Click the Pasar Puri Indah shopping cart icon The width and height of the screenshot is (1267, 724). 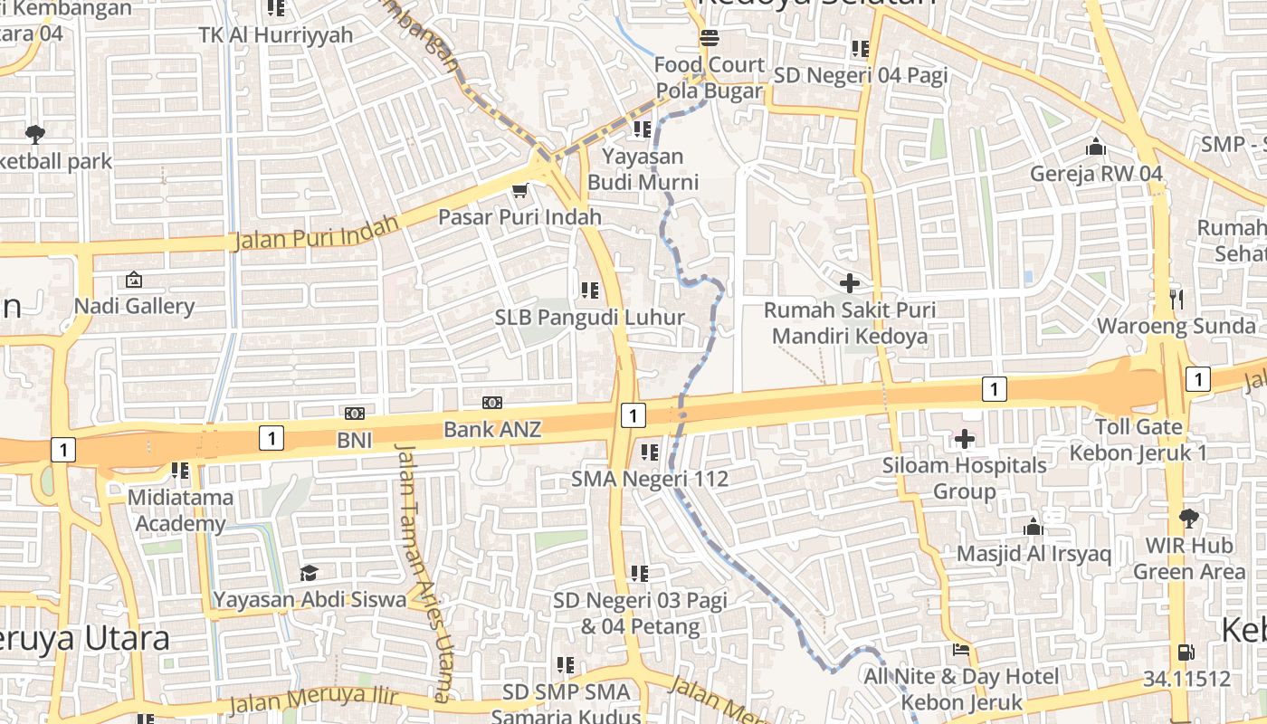tap(519, 190)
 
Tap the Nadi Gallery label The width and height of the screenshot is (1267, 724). tap(134, 306)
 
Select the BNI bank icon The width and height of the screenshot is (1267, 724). tap(355, 414)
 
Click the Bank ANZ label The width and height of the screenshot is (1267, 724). tap(492, 429)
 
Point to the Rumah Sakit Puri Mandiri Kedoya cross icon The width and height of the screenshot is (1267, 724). tap(849, 283)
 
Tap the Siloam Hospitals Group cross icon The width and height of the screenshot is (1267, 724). tap(965, 439)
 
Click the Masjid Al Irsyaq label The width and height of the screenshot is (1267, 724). tap(1034, 553)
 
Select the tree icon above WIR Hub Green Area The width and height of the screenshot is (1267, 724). tap(1188, 519)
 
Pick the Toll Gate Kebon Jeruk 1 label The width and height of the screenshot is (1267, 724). tap(1138, 439)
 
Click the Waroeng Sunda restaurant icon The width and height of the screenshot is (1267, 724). tap(1176, 299)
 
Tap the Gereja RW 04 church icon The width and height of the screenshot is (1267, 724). tap(1095, 147)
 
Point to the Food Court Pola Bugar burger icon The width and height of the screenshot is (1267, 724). tap(710, 38)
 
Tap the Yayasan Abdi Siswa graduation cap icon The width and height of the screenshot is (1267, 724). tap(310, 573)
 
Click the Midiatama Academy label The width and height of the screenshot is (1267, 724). tap(179, 510)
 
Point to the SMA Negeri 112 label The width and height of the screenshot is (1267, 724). tap(650, 479)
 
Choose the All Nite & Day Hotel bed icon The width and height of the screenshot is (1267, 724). tap(961, 650)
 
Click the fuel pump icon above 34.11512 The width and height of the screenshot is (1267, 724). tap(1184, 652)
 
